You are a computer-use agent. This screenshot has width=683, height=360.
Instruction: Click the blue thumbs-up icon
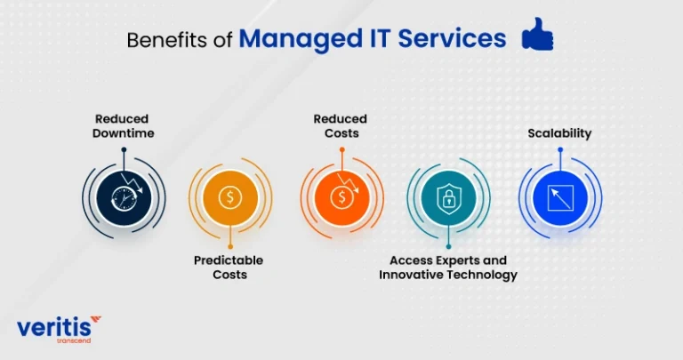pos(537,35)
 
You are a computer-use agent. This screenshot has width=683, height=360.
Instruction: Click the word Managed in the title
pos(301,39)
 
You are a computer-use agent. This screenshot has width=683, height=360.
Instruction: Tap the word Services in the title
pos(452,38)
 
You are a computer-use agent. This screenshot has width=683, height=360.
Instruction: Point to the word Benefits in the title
pos(167,40)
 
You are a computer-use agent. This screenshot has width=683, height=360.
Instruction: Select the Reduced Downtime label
pos(123,126)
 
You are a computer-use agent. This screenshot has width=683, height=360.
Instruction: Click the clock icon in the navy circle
pos(124,199)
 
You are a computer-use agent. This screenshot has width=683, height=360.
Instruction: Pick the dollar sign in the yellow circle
pos(230,198)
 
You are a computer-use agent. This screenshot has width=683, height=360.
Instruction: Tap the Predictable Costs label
pos(229,268)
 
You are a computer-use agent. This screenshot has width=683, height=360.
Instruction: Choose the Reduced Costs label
pos(341,126)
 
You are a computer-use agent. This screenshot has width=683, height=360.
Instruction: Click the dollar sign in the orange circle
pos(341,198)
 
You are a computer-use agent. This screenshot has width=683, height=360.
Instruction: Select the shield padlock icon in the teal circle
pos(448,198)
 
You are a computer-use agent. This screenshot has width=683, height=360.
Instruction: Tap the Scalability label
pos(559,133)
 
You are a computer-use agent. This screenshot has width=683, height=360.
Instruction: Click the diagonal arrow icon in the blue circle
pos(560,198)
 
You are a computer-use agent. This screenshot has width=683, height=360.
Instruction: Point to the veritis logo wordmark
pos(54,327)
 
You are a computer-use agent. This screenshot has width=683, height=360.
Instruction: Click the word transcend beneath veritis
pos(74,340)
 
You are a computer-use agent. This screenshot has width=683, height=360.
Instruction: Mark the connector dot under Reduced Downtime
pos(125,149)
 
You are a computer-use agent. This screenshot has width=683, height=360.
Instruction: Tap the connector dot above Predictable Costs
pos(230,247)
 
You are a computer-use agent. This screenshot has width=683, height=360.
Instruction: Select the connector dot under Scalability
pos(560,149)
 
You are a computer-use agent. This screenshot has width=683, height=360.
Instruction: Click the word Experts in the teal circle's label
pos(456,260)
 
